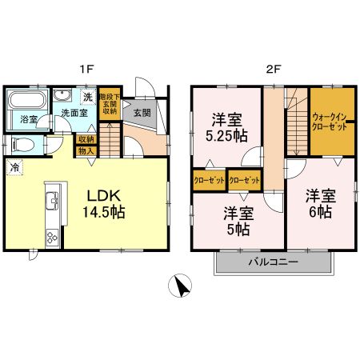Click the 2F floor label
(x=274, y=69)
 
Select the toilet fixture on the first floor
(x=23, y=145)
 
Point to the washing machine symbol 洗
(x=87, y=98)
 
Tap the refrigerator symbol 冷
(x=15, y=167)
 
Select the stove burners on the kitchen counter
(x=51, y=236)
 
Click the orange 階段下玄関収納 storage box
(x=110, y=104)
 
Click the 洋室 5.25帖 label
(x=226, y=126)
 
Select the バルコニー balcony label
(x=272, y=262)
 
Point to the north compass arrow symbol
(x=183, y=285)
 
